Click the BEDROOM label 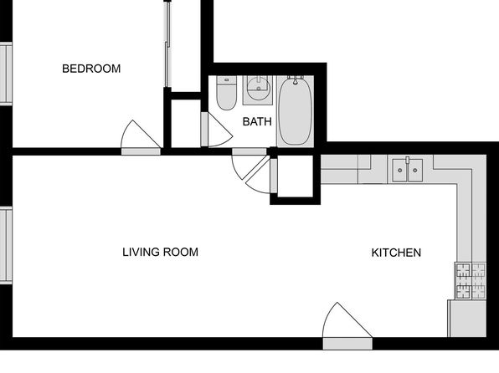(x=91, y=69)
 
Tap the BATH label (x=257, y=121)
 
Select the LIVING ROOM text (x=161, y=253)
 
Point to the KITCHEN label (x=396, y=253)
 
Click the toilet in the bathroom (x=226, y=93)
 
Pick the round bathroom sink (x=259, y=88)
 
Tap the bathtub (x=295, y=111)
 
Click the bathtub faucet (x=296, y=79)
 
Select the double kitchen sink (x=408, y=170)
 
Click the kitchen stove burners (x=471, y=281)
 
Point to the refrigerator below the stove (x=467, y=319)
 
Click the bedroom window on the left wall (x=6, y=74)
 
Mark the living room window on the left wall (x=6, y=244)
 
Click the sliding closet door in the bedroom (x=167, y=44)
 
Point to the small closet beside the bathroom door (x=186, y=124)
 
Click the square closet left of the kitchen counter (x=296, y=176)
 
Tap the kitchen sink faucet (x=408, y=160)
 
